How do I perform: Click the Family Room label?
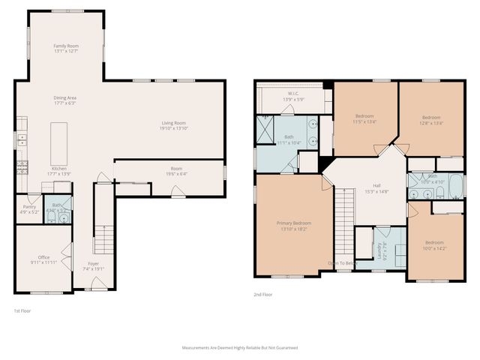(x=66, y=46)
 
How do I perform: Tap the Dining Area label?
(x=65, y=97)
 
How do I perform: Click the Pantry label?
(x=30, y=206)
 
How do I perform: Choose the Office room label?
(x=43, y=257)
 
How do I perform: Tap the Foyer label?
(x=94, y=263)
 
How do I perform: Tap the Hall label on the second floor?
(x=377, y=187)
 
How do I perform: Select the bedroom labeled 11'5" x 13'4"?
(x=365, y=117)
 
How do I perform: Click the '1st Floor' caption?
(x=23, y=310)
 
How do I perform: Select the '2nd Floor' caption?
(x=262, y=295)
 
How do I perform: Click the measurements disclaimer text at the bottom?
(x=240, y=348)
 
